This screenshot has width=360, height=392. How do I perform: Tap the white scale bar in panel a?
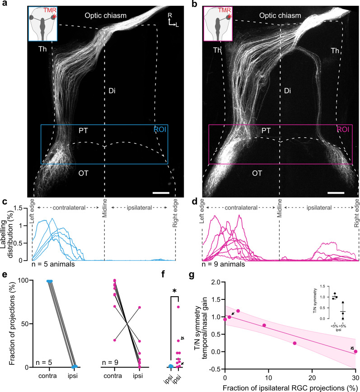pyautogui.click(x=161, y=193)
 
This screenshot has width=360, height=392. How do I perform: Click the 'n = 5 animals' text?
pyautogui.click(x=51, y=265)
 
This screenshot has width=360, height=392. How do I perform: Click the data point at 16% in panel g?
pyautogui.click(x=295, y=343)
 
